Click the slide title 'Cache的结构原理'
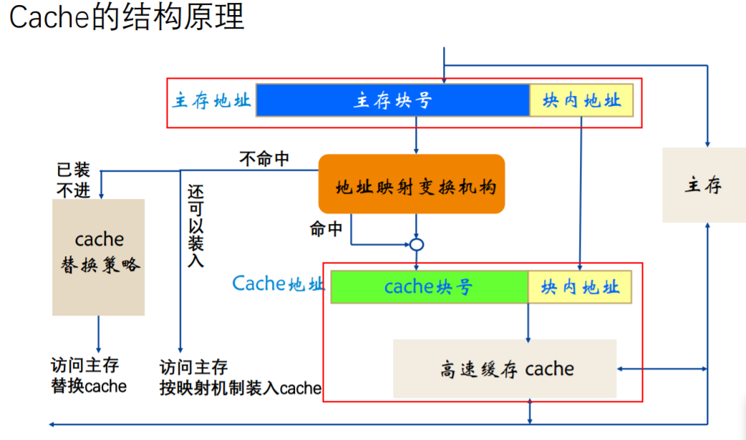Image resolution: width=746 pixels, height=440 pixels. [127, 17]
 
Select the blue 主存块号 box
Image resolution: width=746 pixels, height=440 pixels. [392, 100]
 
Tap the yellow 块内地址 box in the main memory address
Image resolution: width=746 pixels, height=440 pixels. [581, 100]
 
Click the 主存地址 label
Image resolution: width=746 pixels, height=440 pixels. [212, 100]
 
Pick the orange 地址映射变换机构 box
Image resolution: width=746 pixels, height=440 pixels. [412, 184]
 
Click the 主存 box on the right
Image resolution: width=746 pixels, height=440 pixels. [704, 185]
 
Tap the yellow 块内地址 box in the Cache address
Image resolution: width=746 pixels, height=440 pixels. [580, 287]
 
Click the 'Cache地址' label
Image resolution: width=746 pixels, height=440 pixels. [278, 284]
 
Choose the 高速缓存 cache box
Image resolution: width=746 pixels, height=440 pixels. [505, 369]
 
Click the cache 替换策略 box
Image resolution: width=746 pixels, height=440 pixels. [99, 257]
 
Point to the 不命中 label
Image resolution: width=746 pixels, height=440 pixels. [264, 159]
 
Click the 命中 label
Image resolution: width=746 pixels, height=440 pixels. [326, 229]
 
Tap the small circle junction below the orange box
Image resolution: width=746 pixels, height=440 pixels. [417, 245]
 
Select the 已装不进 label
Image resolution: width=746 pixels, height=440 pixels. [74, 180]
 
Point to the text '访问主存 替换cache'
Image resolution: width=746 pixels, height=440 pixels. [89, 376]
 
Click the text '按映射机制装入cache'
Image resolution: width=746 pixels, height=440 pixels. [241, 388]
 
